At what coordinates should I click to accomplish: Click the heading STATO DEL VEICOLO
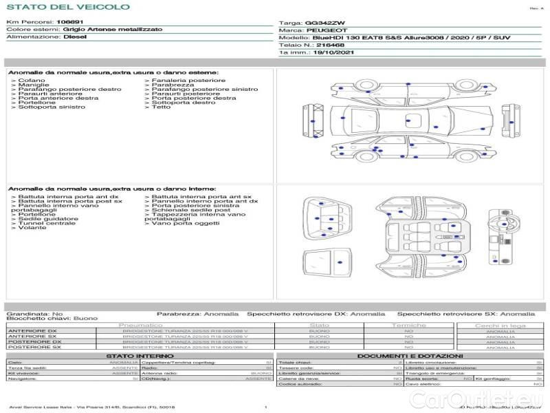pos(68,7)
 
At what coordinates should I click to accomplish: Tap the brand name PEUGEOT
pos(320,30)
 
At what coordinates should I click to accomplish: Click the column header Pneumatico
pos(141,325)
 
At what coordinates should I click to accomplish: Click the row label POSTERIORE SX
pos(34,347)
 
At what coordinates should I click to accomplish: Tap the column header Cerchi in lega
pos(500,325)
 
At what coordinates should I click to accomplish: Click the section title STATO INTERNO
pos(135,356)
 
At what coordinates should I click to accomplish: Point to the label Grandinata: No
pos(34,313)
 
